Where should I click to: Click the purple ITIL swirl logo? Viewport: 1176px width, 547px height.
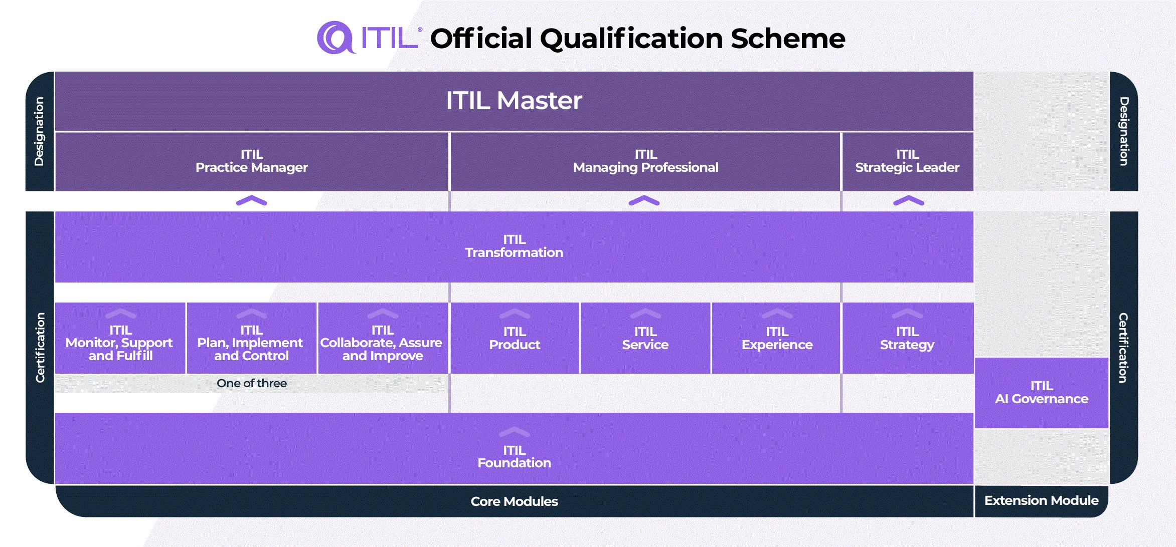pyautogui.click(x=335, y=38)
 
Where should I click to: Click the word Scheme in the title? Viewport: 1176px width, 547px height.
pyautogui.click(x=787, y=39)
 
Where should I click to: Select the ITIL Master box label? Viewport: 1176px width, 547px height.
pyautogui.click(x=514, y=100)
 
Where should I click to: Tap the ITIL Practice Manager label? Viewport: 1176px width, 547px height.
pyautogui.click(x=251, y=161)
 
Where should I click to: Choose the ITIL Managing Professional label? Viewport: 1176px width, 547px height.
pyautogui.click(x=645, y=161)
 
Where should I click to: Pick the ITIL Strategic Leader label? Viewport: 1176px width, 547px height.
pyautogui.click(x=907, y=161)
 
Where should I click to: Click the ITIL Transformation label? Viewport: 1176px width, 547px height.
pyautogui.click(x=514, y=246)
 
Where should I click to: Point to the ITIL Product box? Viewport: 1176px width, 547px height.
pyautogui.click(x=515, y=339)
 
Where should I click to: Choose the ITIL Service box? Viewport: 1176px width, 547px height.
pyautogui.click(x=645, y=339)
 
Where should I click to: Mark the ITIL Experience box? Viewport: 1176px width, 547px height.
pyautogui.click(x=776, y=339)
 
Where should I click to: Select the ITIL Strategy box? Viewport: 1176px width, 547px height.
pyautogui.click(x=907, y=339)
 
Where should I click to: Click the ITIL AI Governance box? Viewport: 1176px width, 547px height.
pyautogui.click(x=1041, y=393)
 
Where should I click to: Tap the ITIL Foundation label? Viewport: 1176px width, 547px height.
pyautogui.click(x=514, y=456)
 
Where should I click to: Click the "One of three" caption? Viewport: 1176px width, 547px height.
pyautogui.click(x=251, y=383)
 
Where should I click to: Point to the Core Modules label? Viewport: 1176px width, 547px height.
pyautogui.click(x=514, y=501)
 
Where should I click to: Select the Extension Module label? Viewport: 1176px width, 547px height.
pyautogui.click(x=1041, y=500)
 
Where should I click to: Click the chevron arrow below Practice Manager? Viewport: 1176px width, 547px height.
pyautogui.click(x=251, y=201)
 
